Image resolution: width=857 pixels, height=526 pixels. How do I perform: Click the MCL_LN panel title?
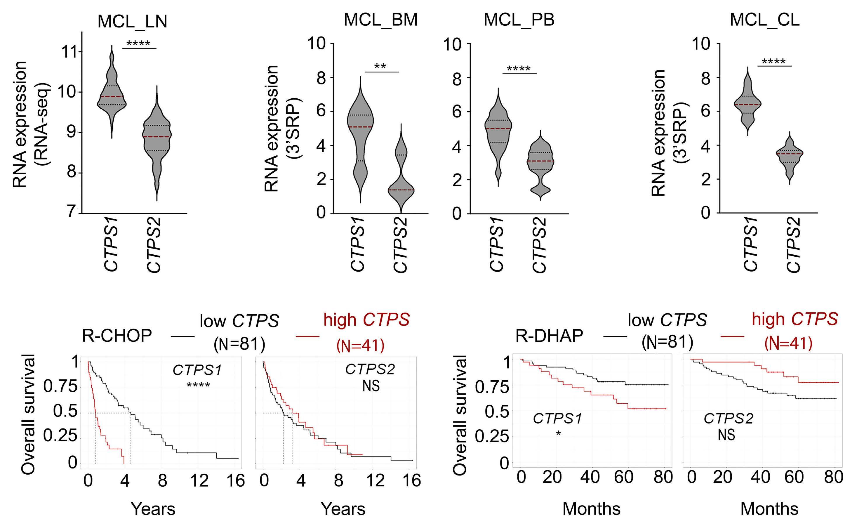point(132,22)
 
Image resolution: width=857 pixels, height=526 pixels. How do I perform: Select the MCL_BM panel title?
point(380,20)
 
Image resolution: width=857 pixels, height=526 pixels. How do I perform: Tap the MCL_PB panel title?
point(519,20)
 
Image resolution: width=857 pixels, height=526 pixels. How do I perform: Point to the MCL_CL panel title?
point(764,20)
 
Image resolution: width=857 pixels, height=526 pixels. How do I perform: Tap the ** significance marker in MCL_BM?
point(380,66)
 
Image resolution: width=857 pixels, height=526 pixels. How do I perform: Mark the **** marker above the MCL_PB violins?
point(519,69)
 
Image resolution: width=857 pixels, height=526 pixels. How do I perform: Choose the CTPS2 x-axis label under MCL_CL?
point(794,244)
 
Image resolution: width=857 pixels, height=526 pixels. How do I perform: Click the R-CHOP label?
point(117,336)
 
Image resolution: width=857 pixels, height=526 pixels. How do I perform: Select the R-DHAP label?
point(549,336)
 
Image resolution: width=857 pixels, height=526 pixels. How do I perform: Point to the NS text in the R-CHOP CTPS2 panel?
point(371,386)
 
